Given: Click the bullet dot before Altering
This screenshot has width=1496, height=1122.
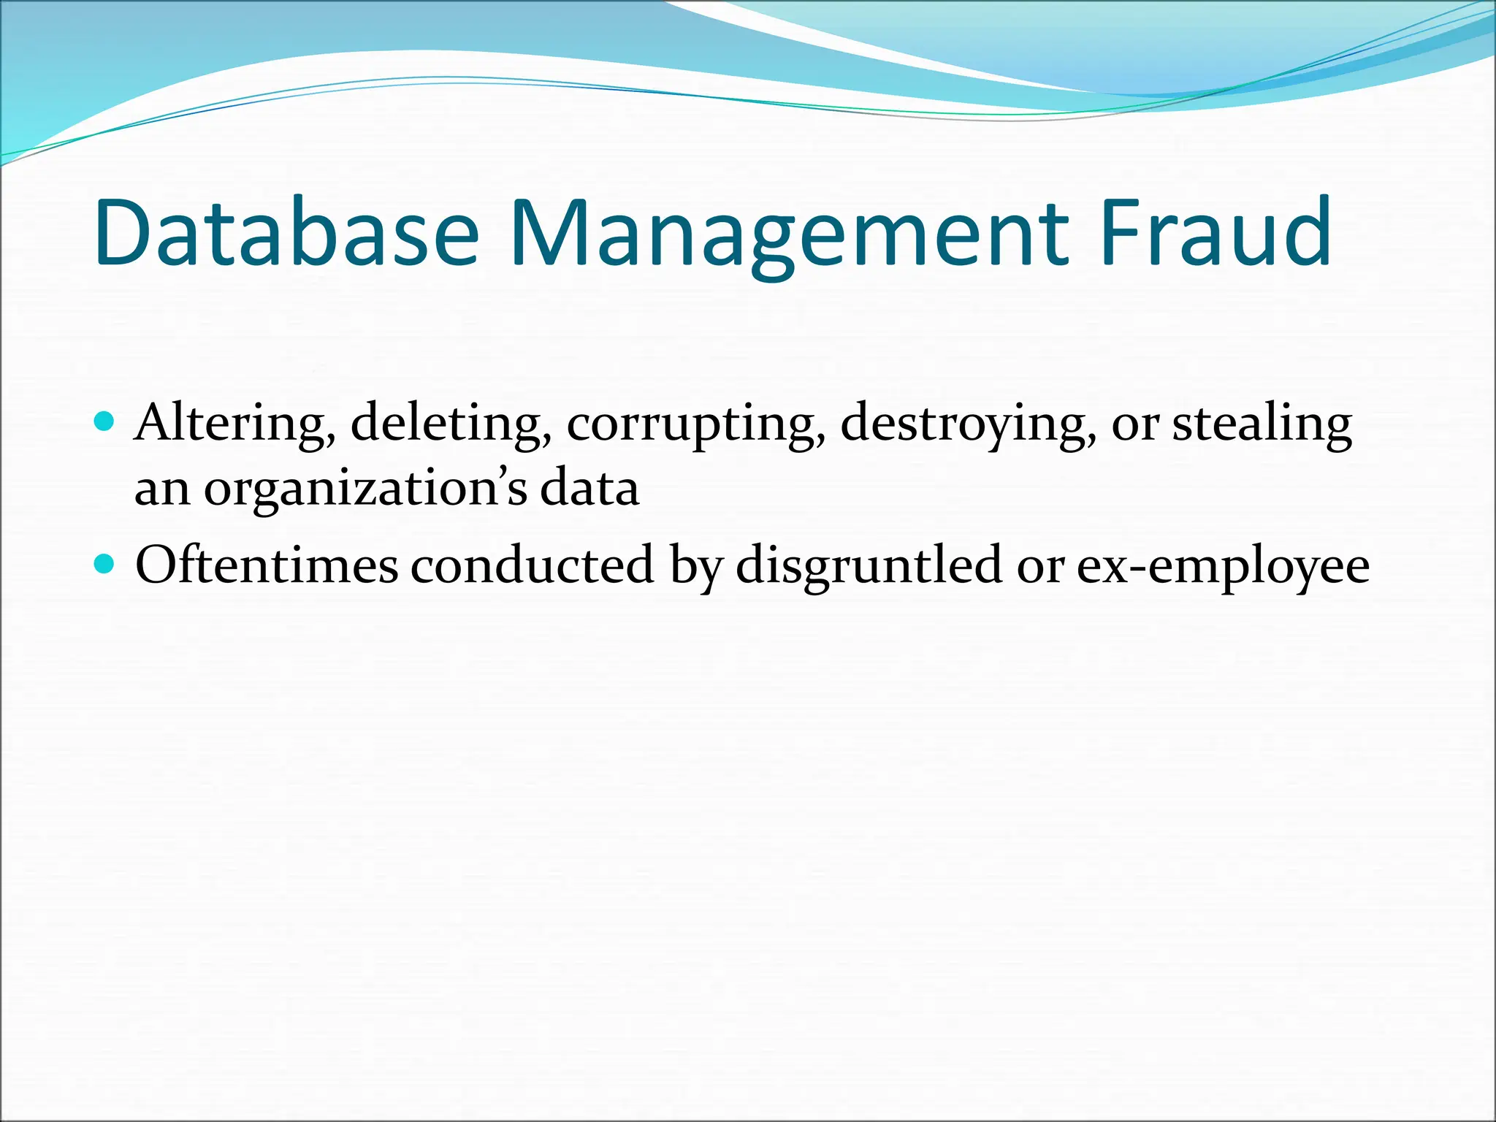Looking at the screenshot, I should pos(105,421).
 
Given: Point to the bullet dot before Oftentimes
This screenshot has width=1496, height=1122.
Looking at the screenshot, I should pos(105,564).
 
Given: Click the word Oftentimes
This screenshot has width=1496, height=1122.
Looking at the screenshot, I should pos(267,565).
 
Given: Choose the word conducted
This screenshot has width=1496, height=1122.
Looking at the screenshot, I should pos(532,565).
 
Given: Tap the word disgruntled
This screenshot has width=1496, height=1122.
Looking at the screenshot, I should pos(869,567).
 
